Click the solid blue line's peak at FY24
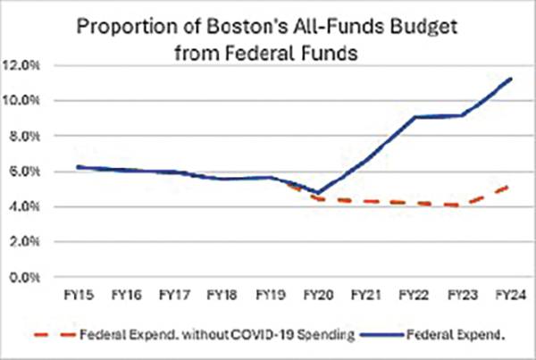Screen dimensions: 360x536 click(x=508, y=79)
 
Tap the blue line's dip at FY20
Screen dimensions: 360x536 click(x=318, y=192)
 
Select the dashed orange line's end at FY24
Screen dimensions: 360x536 click(x=508, y=186)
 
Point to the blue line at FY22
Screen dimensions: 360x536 click(x=414, y=117)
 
